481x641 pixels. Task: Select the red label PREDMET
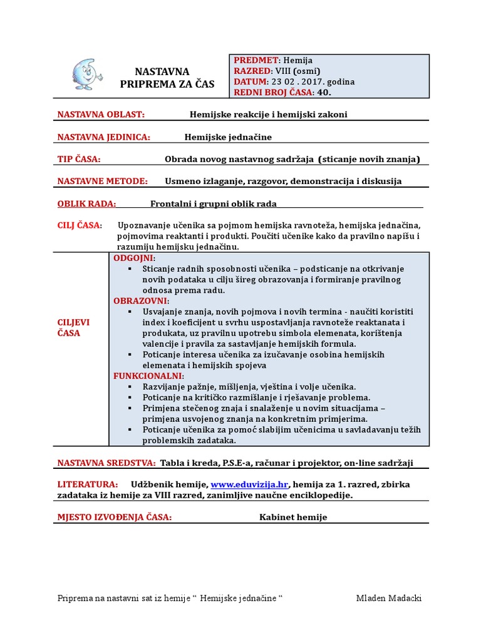point(256,61)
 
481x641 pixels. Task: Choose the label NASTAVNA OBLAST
point(101,115)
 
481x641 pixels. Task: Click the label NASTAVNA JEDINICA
point(103,137)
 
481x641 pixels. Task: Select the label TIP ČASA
point(79,159)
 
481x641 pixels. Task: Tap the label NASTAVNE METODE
point(103,181)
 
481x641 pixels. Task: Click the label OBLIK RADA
point(87,203)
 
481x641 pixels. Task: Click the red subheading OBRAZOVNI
point(141,300)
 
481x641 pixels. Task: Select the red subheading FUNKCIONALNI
point(148,376)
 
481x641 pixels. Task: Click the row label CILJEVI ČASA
point(73,327)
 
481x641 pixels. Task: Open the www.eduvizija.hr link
point(249,485)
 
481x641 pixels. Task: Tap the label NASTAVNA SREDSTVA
point(106,463)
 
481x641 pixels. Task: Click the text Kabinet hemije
point(293,517)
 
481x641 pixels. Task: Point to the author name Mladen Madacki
point(388,598)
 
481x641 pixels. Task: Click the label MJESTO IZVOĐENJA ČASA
point(115,517)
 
